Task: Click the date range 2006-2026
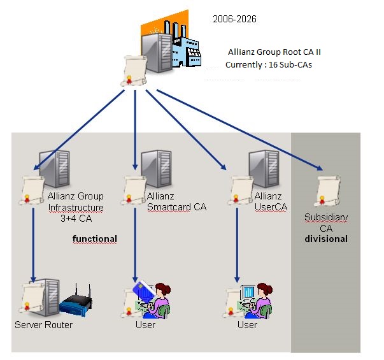click(x=234, y=20)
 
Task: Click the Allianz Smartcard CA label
click(x=176, y=201)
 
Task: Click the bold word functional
click(x=95, y=239)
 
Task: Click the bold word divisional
click(x=326, y=239)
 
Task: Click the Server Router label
click(x=43, y=325)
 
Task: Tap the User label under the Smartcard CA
click(x=145, y=325)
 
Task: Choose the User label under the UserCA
click(x=247, y=325)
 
